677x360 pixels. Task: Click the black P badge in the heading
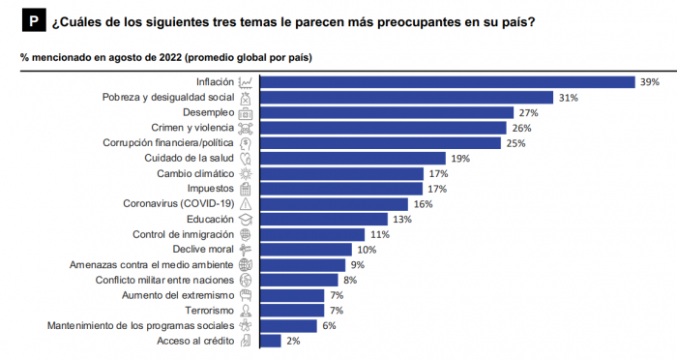click(x=33, y=20)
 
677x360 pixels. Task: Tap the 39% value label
click(x=649, y=82)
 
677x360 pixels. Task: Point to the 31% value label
click(x=568, y=98)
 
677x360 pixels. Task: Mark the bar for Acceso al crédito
click(x=272, y=341)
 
